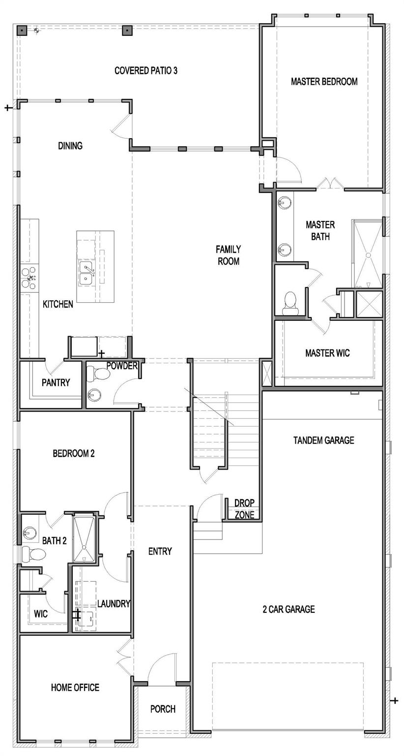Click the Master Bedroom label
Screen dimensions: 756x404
point(324,82)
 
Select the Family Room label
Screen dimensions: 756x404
point(229,255)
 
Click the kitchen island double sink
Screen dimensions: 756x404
point(87,272)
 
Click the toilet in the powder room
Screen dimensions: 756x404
point(100,374)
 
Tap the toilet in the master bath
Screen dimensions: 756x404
point(291,301)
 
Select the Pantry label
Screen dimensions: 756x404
point(56,382)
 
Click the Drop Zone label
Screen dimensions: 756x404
point(244,509)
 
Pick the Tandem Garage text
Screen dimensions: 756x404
point(323,440)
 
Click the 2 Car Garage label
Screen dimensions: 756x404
point(288,609)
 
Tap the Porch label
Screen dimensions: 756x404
point(163,709)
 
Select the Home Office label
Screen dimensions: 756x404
point(75,688)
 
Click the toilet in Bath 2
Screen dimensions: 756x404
point(34,554)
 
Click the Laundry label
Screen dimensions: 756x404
point(113,604)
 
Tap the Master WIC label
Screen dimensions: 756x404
point(327,353)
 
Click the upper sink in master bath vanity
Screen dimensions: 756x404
point(285,202)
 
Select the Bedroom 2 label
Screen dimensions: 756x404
point(73,453)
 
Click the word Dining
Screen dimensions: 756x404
point(70,146)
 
